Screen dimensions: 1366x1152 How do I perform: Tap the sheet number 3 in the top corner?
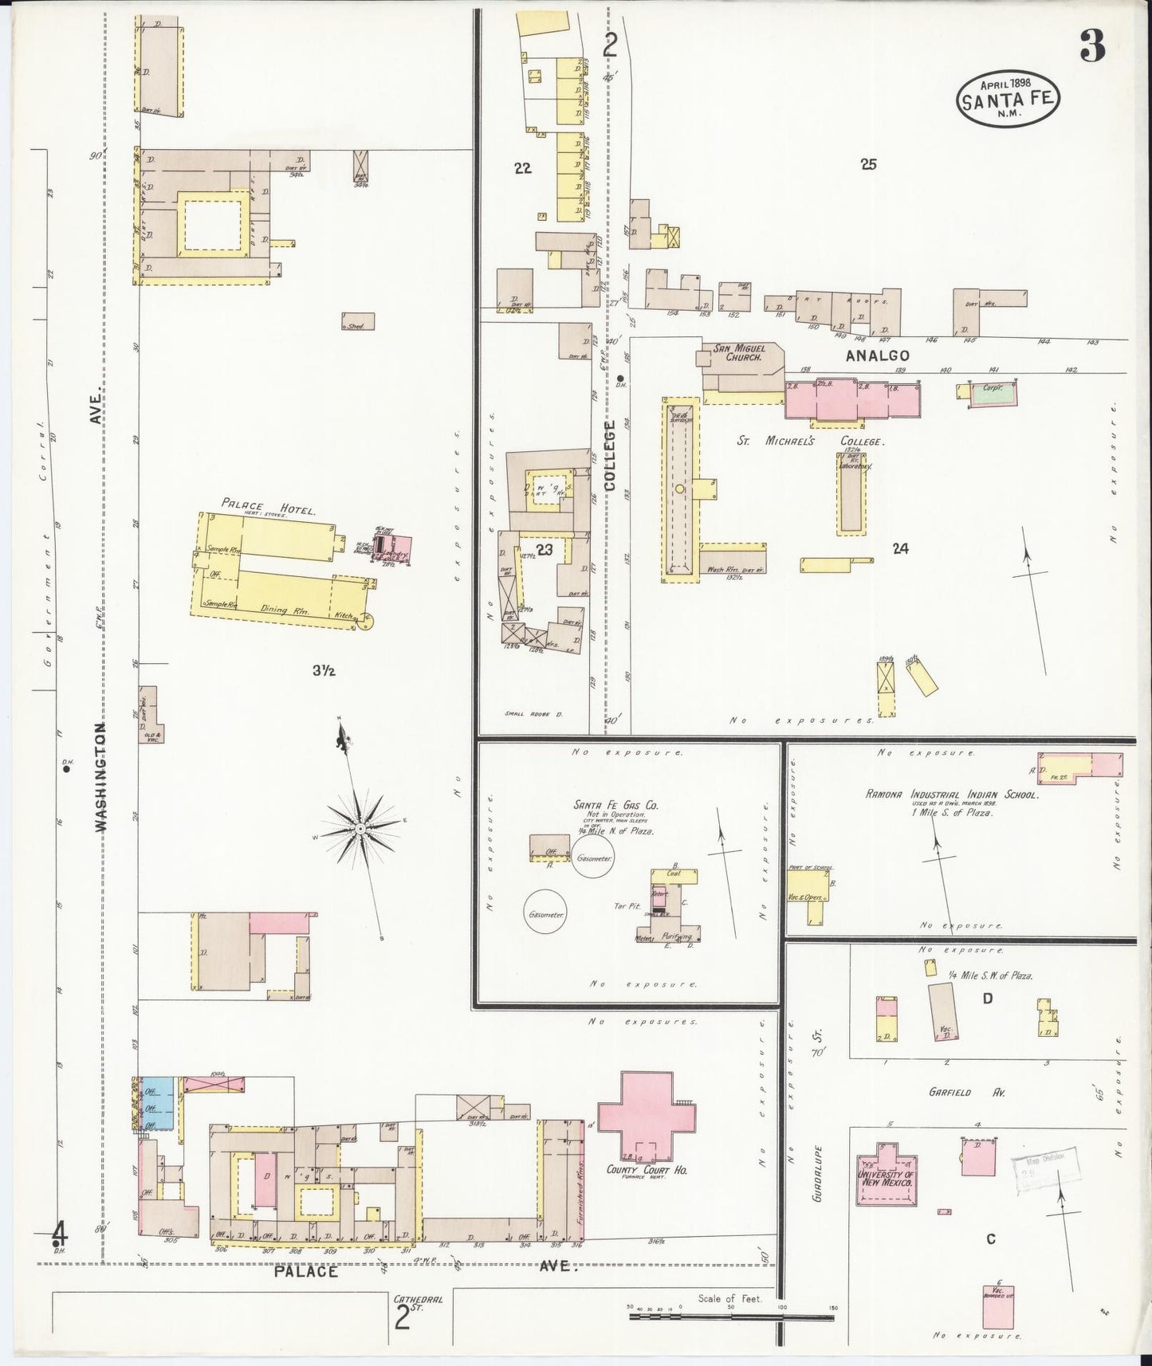pyautogui.click(x=1092, y=49)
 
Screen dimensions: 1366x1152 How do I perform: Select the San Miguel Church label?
pyautogui.click(x=739, y=353)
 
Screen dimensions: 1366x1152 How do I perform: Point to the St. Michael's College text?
pyautogui.click(x=812, y=442)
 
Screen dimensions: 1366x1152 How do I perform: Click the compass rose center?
pyautogui.click(x=360, y=829)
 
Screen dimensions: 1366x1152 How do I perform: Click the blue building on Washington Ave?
pyautogui.click(x=157, y=1103)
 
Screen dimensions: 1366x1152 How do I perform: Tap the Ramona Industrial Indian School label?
pyautogui.click(x=951, y=795)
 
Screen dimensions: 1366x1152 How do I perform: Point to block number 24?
pyautogui.click(x=901, y=548)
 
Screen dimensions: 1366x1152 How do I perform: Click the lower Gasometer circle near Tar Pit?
pyautogui.click(x=545, y=916)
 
